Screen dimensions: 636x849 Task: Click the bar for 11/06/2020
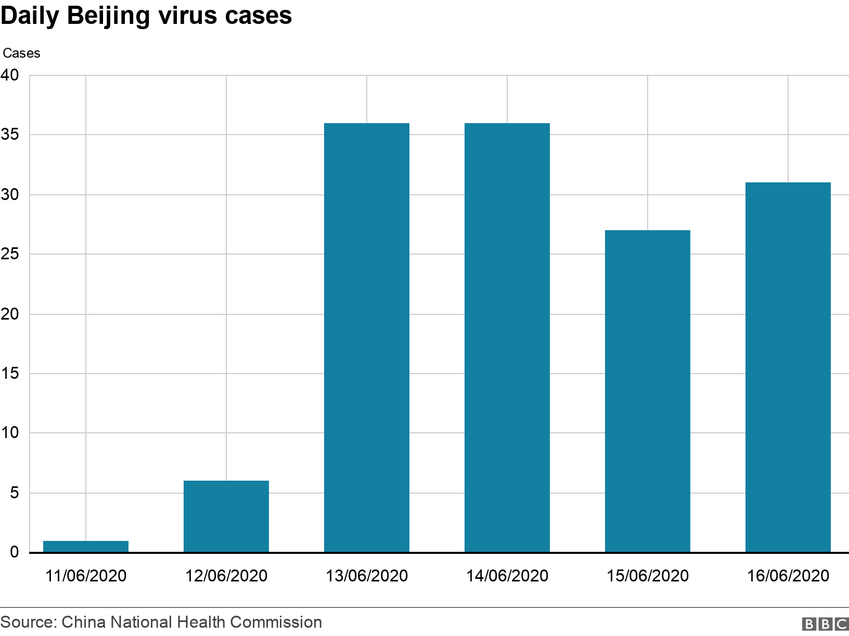86,546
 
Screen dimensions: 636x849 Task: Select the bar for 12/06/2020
226,516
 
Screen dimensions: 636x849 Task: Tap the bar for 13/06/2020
367,338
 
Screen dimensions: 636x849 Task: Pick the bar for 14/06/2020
507,338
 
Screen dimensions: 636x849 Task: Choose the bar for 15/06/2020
648,391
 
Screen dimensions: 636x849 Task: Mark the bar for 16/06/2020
788,367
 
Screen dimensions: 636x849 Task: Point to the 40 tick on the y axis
9,75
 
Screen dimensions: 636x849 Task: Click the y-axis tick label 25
9,254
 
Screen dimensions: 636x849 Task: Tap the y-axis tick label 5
14,493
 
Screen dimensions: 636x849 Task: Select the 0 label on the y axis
14,552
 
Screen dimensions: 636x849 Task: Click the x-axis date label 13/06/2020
367,576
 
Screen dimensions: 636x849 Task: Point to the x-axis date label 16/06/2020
788,576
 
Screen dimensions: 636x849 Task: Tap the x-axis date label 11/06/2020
86,576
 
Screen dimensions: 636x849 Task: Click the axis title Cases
21,53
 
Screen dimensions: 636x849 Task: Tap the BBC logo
825,624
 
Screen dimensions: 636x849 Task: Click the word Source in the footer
27,622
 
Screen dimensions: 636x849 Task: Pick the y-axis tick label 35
9,135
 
